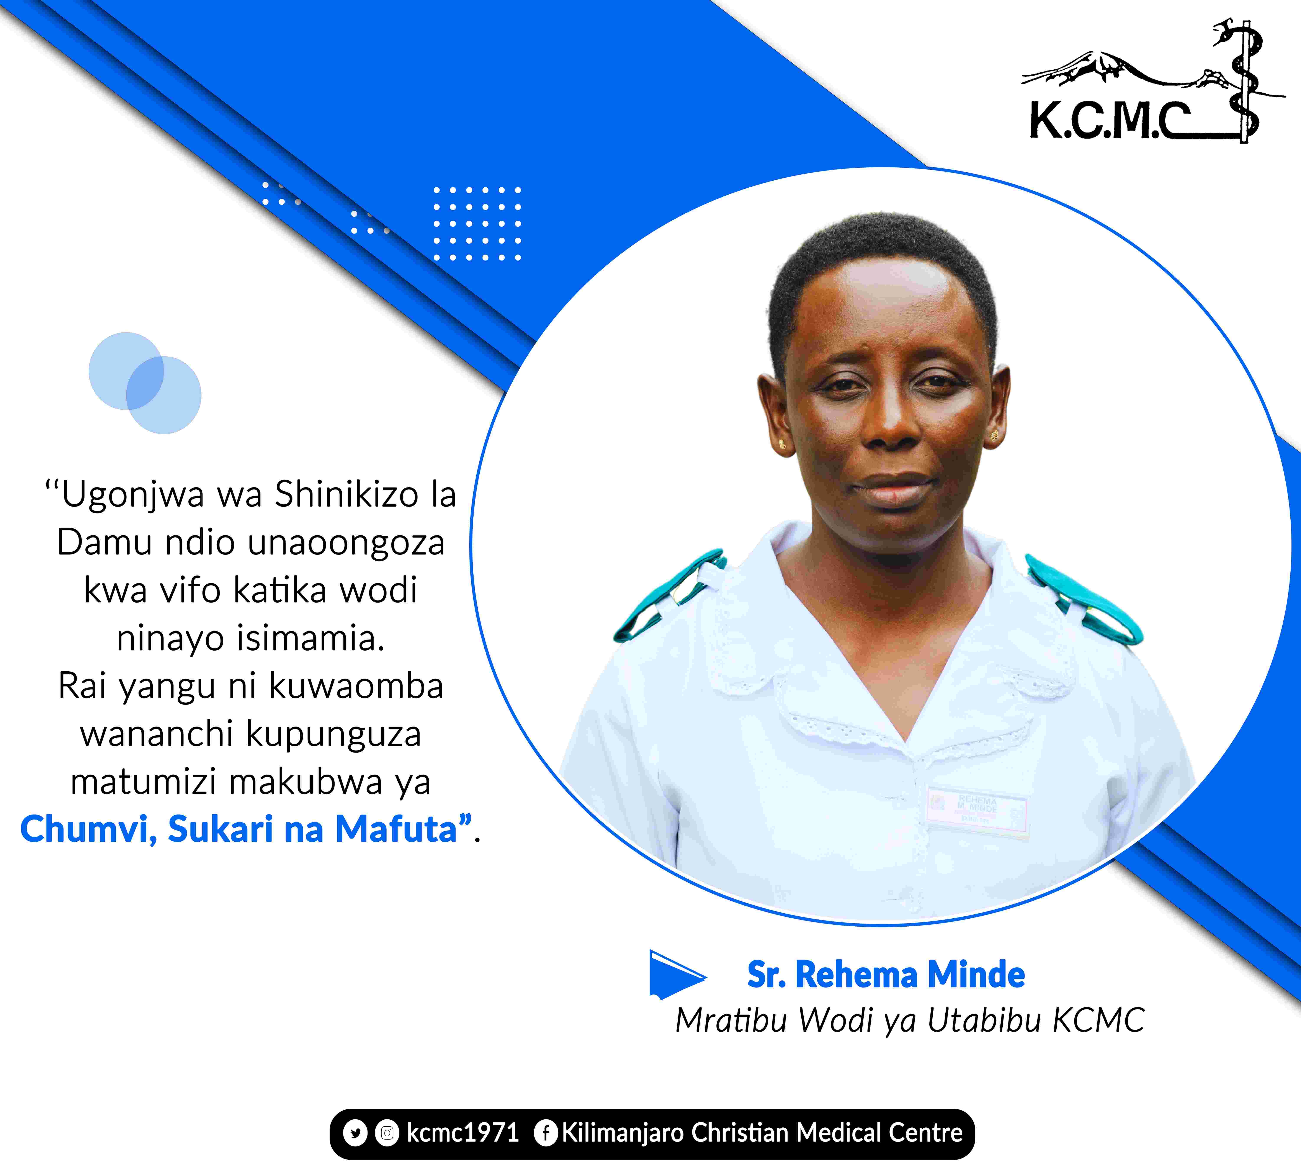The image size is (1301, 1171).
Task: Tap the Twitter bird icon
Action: coord(355,1133)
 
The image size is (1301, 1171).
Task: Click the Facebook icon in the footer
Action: coord(546,1133)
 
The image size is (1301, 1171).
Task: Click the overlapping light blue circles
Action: coord(145,383)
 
